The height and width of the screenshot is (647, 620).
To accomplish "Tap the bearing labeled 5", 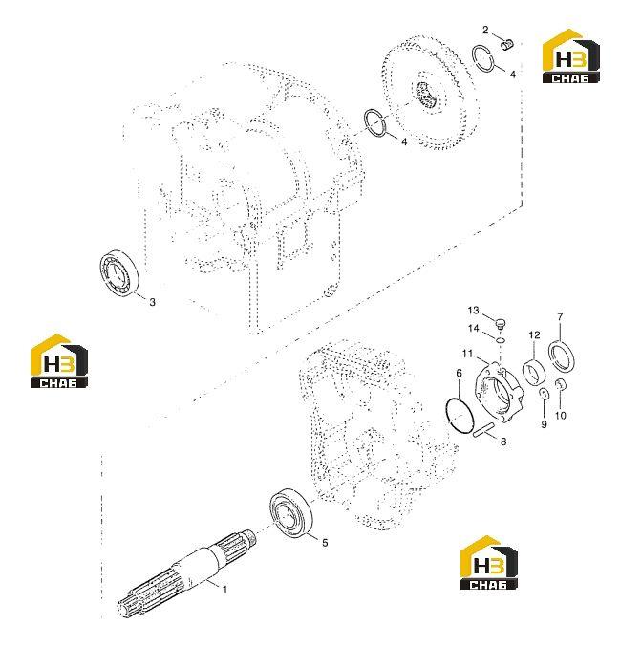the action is pyautogui.click(x=290, y=513).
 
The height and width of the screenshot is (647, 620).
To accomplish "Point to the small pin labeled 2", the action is pyautogui.click(x=508, y=43).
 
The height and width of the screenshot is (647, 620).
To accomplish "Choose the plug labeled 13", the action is pyautogui.click(x=501, y=323).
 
